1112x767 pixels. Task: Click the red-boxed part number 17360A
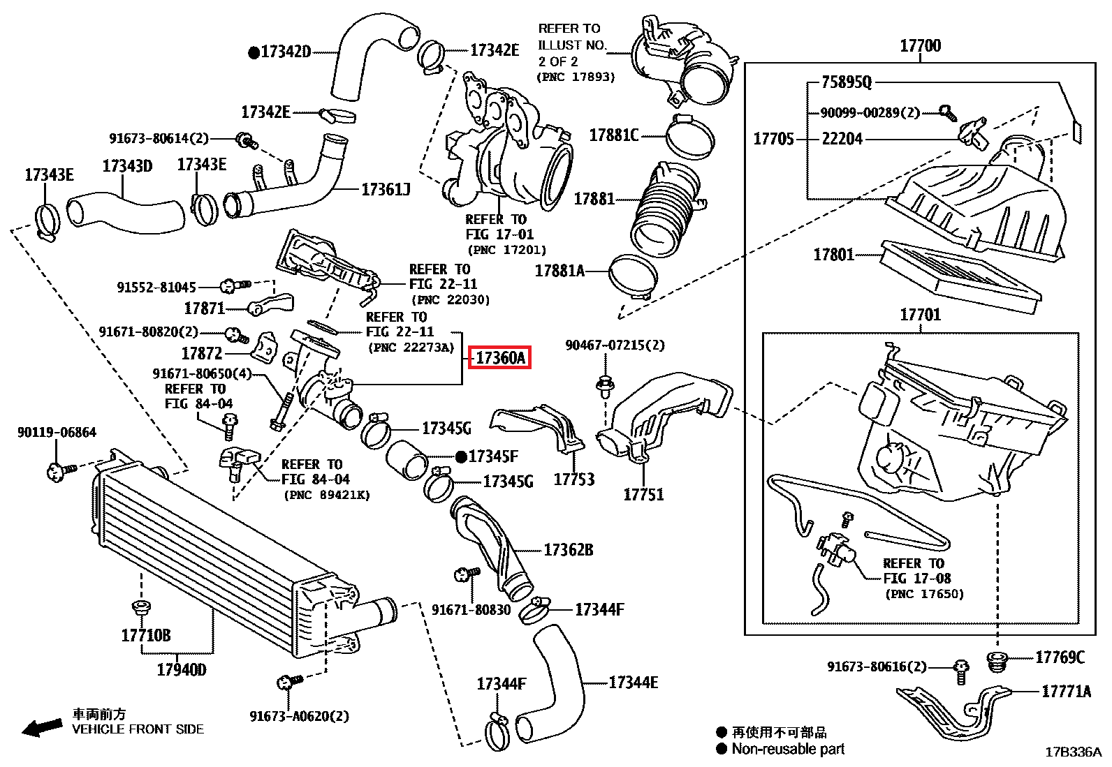pos(499,358)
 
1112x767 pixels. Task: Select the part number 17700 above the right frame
pos(920,46)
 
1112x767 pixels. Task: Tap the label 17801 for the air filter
pos(833,255)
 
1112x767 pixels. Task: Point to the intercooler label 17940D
pos(181,670)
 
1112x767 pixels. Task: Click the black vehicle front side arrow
pos(42,728)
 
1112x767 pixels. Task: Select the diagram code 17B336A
pos(1073,752)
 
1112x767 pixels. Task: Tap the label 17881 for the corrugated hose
pos(594,199)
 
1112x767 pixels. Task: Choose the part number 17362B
pos(568,550)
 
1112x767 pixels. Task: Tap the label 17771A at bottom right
pos(1066,692)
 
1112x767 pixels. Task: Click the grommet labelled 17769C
pos(997,660)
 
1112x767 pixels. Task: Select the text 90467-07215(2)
pos(615,345)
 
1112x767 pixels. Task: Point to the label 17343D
pos(127,166)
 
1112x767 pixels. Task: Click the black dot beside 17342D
pos(254,52)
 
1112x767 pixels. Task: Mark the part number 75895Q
pos(847,82)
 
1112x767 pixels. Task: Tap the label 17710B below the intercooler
pos(145,635)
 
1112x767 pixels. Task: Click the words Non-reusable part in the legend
pos(788,749)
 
